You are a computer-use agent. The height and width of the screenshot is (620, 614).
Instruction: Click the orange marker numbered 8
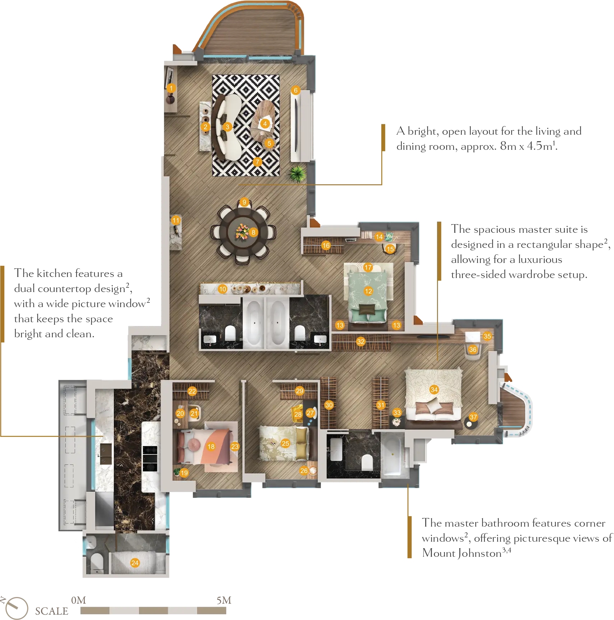point(253,232)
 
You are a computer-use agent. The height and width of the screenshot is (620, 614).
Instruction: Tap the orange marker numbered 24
point(135,563)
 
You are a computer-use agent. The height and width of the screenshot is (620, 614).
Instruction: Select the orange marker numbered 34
point(434,389)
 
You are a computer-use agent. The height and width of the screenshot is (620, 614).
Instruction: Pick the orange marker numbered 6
point(296,90)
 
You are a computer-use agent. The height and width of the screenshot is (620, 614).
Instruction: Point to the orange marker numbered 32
point(361,342)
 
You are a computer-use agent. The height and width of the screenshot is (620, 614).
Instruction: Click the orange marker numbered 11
point(176,220)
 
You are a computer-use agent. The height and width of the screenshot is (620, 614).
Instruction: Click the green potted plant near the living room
point(298,174)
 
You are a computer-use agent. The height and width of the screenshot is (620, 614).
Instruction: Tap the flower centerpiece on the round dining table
point(242,232)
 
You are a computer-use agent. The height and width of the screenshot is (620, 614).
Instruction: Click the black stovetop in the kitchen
point(150,458)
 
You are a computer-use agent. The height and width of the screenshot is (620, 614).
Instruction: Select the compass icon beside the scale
point(16,608)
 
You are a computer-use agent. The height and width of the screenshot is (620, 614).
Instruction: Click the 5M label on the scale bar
point(224,600)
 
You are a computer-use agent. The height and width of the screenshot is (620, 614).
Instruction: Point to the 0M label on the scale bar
point(79,600)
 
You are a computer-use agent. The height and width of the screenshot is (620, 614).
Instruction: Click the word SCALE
point(52,611)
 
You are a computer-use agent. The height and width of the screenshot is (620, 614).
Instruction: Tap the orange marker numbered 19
point(184,473)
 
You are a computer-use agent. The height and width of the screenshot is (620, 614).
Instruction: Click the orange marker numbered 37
point(473,417)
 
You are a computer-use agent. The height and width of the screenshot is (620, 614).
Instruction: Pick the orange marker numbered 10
point(223,289)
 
